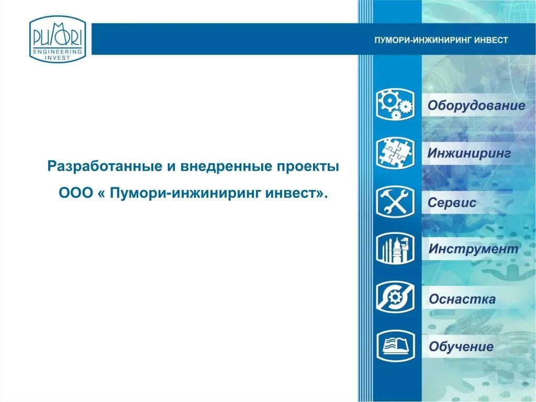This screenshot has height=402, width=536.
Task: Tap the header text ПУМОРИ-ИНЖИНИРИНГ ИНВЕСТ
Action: click(441, 40)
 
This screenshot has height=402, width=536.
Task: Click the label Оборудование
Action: click(476, 106)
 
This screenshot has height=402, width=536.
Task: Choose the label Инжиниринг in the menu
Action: click(469, 154)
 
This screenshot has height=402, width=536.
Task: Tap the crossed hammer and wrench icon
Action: click(395, 202)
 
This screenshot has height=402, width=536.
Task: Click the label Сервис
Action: click(452, 203)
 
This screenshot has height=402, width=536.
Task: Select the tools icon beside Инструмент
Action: click(395, 248)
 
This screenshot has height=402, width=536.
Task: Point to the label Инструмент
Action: click(473, 249)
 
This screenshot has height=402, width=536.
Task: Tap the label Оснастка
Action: click(462, 299)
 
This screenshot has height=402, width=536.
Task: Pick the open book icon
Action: click(395, 346)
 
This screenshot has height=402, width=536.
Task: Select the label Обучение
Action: click(461, 347)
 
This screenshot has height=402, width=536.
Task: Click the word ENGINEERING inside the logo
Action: click(57, 51)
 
